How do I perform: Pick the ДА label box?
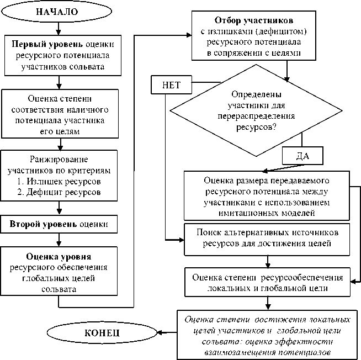point(302,156)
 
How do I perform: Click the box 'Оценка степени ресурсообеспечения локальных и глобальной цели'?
point(266,282)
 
